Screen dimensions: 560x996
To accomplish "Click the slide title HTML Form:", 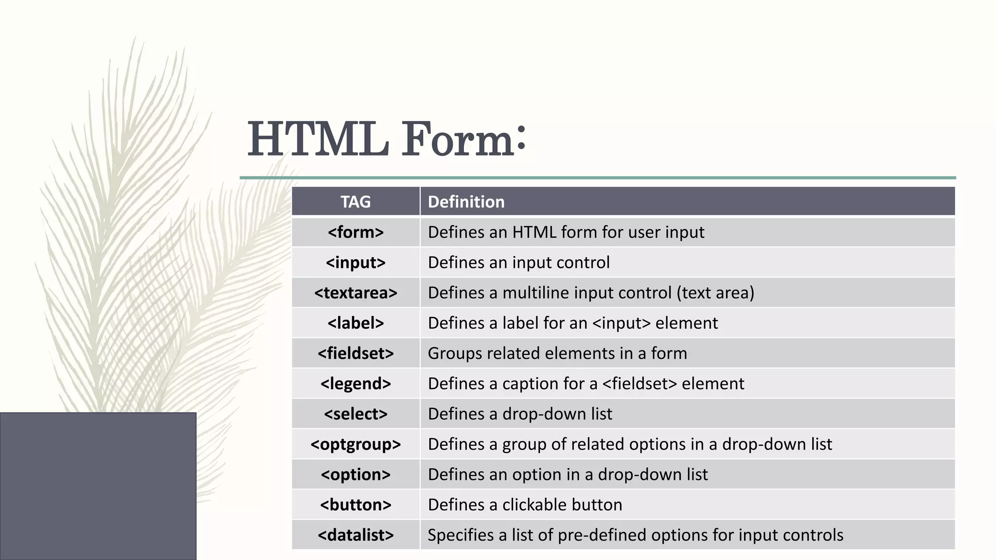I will tap(387, 140).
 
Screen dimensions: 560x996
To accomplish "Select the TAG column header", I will tap(356, 202).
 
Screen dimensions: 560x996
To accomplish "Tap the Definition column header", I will tap(466, 202).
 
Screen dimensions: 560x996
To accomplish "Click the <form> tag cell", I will tap(356, 232).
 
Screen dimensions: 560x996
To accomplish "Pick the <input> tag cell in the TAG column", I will tap(356, 262).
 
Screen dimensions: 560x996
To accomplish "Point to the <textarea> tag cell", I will tap(356, 293).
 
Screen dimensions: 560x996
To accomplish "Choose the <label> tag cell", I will tap(356, 323).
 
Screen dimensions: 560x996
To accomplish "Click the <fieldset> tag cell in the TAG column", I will tap(356, 353).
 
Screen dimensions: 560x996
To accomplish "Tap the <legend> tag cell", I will tap(356, 384).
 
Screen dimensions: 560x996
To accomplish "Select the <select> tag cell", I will tap(356, 414).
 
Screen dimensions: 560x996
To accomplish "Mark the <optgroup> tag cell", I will tap(356, 444).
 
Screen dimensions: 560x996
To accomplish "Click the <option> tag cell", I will tap(356, 474).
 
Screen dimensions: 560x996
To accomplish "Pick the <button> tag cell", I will tap(356, 505).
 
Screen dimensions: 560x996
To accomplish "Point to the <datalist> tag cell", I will tap(356, 535).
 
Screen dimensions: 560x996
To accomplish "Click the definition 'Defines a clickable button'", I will tap(525, 505).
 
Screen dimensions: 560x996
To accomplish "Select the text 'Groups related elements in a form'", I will tap(557, 353).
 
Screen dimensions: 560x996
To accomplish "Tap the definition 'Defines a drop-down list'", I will tap(520, 414).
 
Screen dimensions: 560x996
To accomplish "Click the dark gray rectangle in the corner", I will tap(98, 486).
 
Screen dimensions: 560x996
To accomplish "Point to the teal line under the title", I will tap(597, 178).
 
